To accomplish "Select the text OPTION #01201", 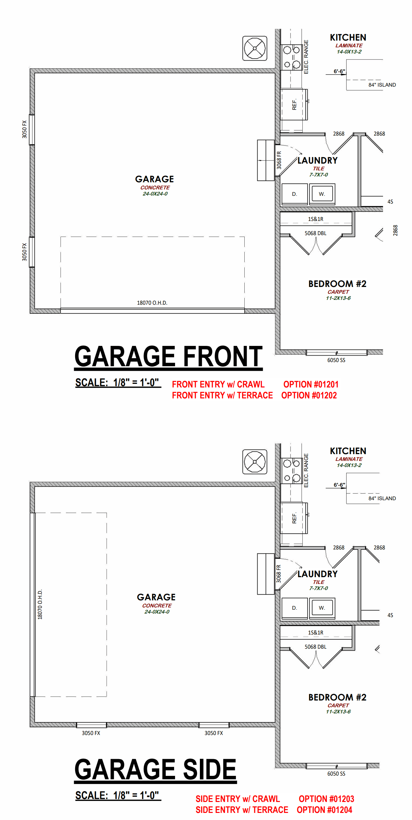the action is click(311, 384).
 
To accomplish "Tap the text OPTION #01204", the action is click(324, 809).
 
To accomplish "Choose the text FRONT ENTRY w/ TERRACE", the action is click(222, 395).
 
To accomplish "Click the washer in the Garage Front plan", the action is click(322, 194).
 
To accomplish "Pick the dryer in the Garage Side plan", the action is click(294, 608).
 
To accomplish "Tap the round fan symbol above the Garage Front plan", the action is click(255, 48).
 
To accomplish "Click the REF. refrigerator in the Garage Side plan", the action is click(294, 518).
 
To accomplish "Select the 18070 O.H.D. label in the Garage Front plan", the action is click(152, 303).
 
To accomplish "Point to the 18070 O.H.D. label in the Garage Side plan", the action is click(40, 604).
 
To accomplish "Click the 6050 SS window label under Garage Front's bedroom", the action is click(336, 360).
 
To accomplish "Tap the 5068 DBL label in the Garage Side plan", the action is click(316, 647).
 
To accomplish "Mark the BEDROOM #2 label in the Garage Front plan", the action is click(337, 284).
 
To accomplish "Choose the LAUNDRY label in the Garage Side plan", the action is click(318, 574).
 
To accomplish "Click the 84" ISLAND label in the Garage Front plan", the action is click(382, 85).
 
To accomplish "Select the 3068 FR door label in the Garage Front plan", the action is click(279, 160).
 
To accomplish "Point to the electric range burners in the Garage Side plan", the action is click(291, 471).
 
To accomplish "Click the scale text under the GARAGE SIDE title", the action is click(118, 795).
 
